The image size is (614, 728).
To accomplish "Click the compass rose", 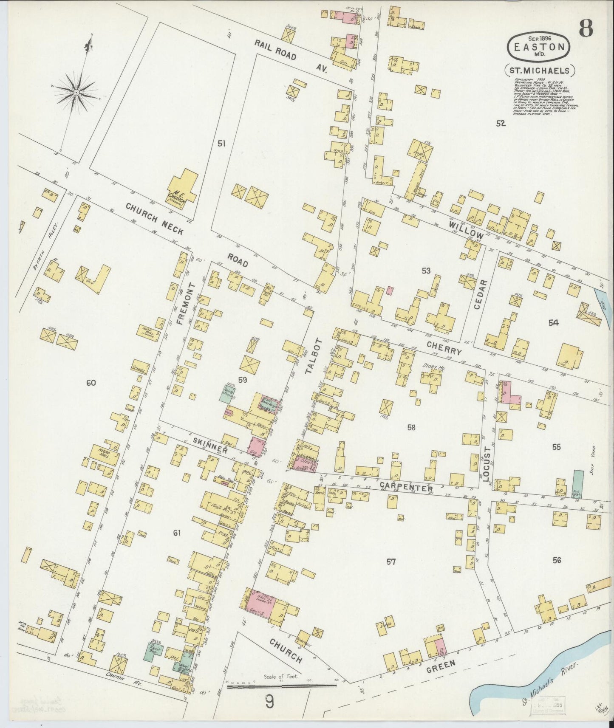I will tap(76, 92).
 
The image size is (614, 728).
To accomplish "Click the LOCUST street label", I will tap(487, 463).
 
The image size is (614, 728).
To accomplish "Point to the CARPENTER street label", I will tap(406, 487).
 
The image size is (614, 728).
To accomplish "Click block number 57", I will tap(391, 562).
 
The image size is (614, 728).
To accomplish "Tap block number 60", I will tap(91, 383).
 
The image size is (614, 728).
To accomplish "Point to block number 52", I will tap(501, 123).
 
